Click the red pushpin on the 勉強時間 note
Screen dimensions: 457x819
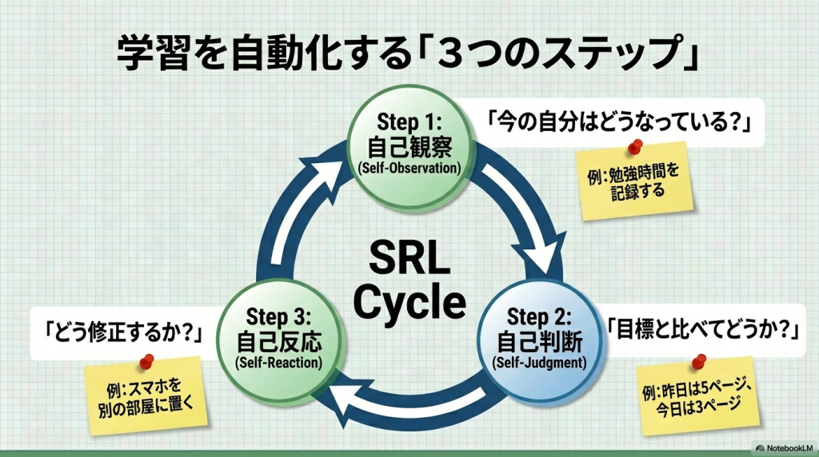[x=637, y=147]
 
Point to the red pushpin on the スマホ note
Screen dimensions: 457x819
[x=146, y=361]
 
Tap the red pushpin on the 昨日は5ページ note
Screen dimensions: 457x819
[x=697, y=361]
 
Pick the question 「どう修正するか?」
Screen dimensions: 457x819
[x=122, y=329]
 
